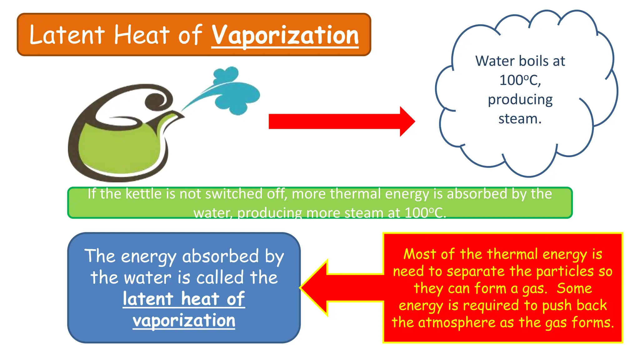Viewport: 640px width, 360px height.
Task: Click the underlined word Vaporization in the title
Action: point(285,36)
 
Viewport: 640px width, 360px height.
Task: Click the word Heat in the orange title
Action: point(142,35)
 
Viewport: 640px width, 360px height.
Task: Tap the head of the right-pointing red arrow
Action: point(407,122)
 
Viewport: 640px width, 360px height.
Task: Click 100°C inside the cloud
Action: point(520,80)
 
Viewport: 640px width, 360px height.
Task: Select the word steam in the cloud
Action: point(520,119)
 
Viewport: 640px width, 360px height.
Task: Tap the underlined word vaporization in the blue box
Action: point(184,321)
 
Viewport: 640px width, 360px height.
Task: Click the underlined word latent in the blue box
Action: point(148,299)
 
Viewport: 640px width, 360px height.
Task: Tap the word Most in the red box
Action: point(419,254)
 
